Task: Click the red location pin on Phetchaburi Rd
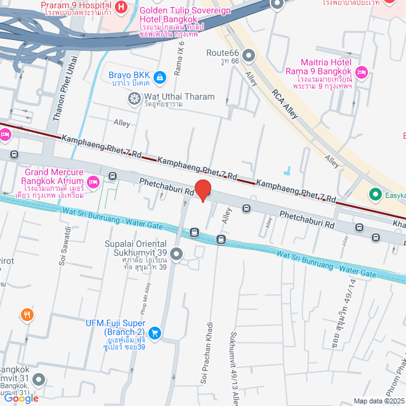click(x=202, y=189)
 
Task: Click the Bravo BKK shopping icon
click(x=159, y=77)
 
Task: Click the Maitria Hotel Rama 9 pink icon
click(x=362, y=72)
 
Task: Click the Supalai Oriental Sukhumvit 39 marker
click(x=176, y=255)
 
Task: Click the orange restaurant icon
click(x=27, y=314)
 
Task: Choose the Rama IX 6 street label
click(x=179, y=68)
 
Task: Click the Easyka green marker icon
click(x=375, y=194)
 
